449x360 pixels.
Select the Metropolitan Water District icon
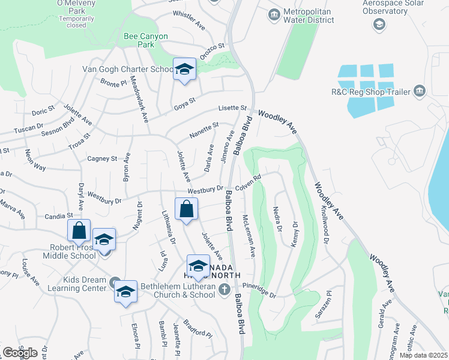click(274, 14)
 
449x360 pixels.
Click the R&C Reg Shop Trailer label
click(370, 92)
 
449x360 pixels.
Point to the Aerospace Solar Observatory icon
click(379, 24)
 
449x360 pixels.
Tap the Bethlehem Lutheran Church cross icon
click(224, 290)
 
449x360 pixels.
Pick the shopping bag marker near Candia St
click(79, 230)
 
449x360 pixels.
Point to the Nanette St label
click(203, 130)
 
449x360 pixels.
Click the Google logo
click(20, 353)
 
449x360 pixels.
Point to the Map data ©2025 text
click(423, 355)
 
